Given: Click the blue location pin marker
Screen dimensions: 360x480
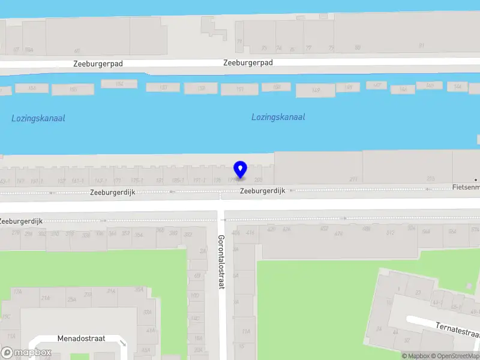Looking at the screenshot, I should point(241,170).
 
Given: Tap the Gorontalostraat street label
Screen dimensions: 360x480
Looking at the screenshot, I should point(220,262).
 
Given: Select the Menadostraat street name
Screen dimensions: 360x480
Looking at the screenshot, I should point(81,338).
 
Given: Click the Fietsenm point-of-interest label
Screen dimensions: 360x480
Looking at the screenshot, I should point(466,187).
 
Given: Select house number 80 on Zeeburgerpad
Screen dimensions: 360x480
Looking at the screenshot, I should point(358,47).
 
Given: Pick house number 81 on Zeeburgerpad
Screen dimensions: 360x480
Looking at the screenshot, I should point(421,46).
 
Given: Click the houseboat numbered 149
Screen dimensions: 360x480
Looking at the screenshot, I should point(316,90).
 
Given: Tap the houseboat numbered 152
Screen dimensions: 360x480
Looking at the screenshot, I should point(119,84).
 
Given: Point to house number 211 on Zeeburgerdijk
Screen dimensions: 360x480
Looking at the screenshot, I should point(353,179).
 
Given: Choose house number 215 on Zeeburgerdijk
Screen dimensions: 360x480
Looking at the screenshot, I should point(430,178).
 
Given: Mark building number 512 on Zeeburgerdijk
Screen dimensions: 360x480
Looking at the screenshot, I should point(391,233).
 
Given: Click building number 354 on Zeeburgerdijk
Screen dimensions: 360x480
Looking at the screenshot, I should point(139,235).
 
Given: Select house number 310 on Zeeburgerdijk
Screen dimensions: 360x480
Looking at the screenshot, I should point(55,234).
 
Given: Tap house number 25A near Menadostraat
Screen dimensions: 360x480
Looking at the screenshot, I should point(72,299).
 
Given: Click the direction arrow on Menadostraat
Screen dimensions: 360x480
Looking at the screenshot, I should point(123,344).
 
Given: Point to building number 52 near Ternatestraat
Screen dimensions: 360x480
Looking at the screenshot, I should point(407,340).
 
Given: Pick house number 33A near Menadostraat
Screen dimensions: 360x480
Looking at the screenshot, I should point(148,312).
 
